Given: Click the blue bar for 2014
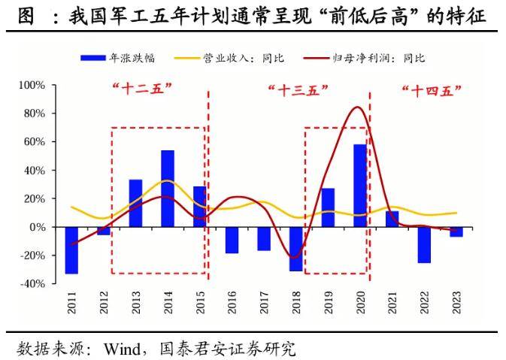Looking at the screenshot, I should pos(168,189).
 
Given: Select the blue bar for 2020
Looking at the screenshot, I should pos(360,186).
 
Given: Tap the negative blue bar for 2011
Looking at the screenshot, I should pos(71,250).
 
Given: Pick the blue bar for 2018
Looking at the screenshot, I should pos(295,249).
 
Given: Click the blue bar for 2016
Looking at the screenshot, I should pos(232,240).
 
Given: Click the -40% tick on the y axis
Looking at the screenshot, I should pos(34,284).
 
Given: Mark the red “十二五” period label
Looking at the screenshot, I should pos(142,89).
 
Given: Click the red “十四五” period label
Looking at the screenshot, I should pos(431,90).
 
